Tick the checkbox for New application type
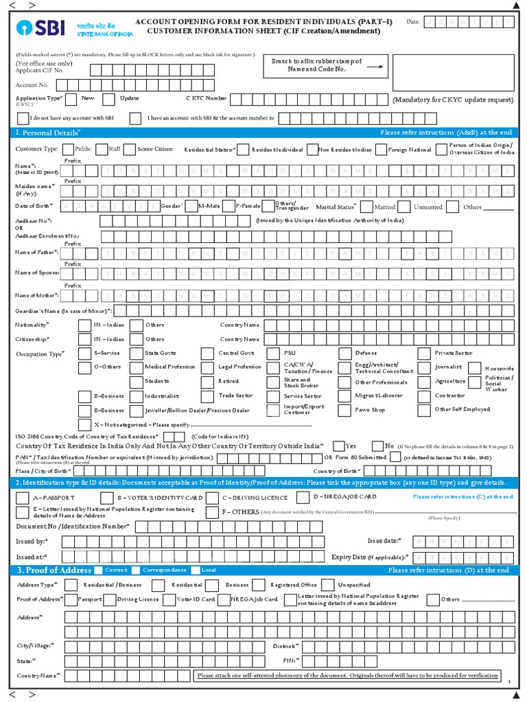point(73,99)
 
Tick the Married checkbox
point(366,206)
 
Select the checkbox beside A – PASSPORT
point(22,497)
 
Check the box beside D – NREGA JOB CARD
point(303,496)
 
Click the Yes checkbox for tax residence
point(338,445)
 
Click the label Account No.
point(32,85)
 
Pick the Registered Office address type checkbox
point(258,585)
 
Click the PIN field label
point(289,660)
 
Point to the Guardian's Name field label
point(63,310)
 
